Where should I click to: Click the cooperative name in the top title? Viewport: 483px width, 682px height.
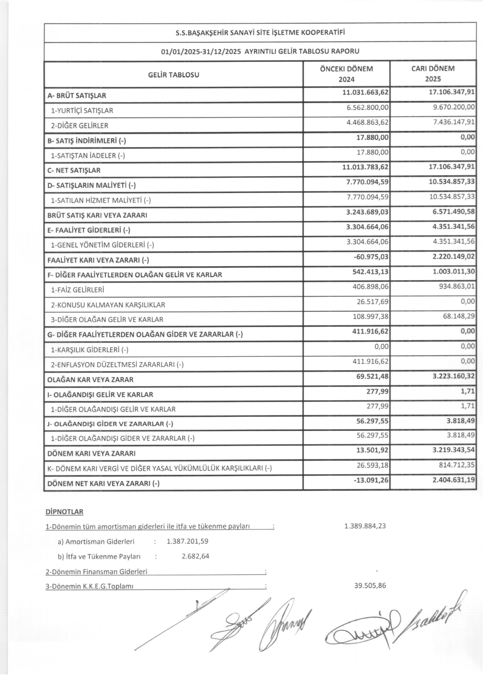click(260, 33)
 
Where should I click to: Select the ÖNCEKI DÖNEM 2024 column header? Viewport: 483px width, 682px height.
click(346, 74)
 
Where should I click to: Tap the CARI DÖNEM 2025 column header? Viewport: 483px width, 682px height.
click(433, 74)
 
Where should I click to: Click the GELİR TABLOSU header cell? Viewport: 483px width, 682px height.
click(173, 75)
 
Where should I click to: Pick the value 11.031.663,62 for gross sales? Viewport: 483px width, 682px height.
click(365, 92)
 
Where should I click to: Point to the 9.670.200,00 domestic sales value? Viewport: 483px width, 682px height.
click(454, 107)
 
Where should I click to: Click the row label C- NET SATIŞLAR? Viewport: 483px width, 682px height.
click(74, 170)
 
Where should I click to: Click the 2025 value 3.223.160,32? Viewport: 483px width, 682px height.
click(453, 376)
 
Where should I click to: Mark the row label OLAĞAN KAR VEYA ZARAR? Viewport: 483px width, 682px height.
click(90, 379)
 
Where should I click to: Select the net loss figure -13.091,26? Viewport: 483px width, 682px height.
click(371, 480)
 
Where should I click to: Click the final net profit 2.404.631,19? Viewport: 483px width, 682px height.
click(453, 480)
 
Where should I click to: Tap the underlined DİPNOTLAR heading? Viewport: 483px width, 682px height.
click(64, 512)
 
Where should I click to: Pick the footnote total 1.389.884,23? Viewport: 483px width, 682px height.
click(365, 526)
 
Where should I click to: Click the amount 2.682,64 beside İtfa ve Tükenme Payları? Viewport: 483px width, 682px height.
click(195, 556)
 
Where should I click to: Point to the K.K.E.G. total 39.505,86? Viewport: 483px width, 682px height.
click(370, 586)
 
